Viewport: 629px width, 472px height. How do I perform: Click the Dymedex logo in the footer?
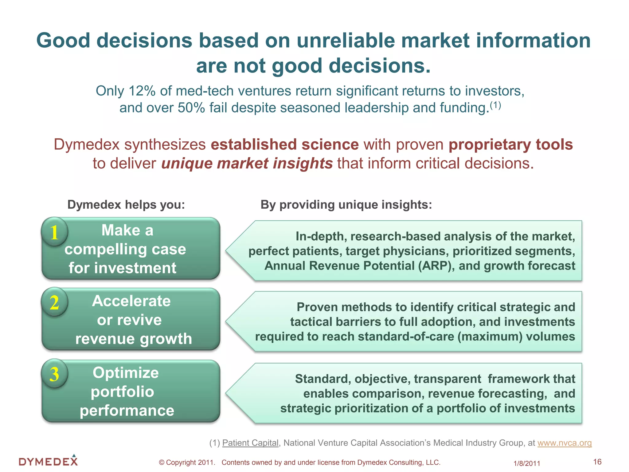coord(48,461)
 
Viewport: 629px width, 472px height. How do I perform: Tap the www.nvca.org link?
coord(564,443)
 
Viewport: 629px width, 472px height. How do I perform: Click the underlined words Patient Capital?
coord(250,443)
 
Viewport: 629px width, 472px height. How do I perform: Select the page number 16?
coord(597,462)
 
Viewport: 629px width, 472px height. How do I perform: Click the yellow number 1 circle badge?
coord(54,232)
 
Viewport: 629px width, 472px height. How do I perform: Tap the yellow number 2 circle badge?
coord(54,302)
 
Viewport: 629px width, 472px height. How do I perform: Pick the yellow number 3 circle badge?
coord(54,374)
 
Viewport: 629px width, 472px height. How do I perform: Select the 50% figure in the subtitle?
coord(191,108)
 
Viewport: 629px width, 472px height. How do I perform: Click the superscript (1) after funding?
coord(495,105)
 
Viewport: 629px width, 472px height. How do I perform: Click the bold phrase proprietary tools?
coord(510,144)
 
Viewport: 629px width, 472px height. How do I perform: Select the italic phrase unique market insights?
coord(247,163)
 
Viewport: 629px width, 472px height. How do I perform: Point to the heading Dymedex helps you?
coord(126,204)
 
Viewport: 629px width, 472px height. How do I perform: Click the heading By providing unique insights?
coord(346,204)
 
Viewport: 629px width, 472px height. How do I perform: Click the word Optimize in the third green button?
coord(126,373)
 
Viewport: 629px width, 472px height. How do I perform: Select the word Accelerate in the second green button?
coord(131,301)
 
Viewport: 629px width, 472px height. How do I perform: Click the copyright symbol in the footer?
coord(162,462)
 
